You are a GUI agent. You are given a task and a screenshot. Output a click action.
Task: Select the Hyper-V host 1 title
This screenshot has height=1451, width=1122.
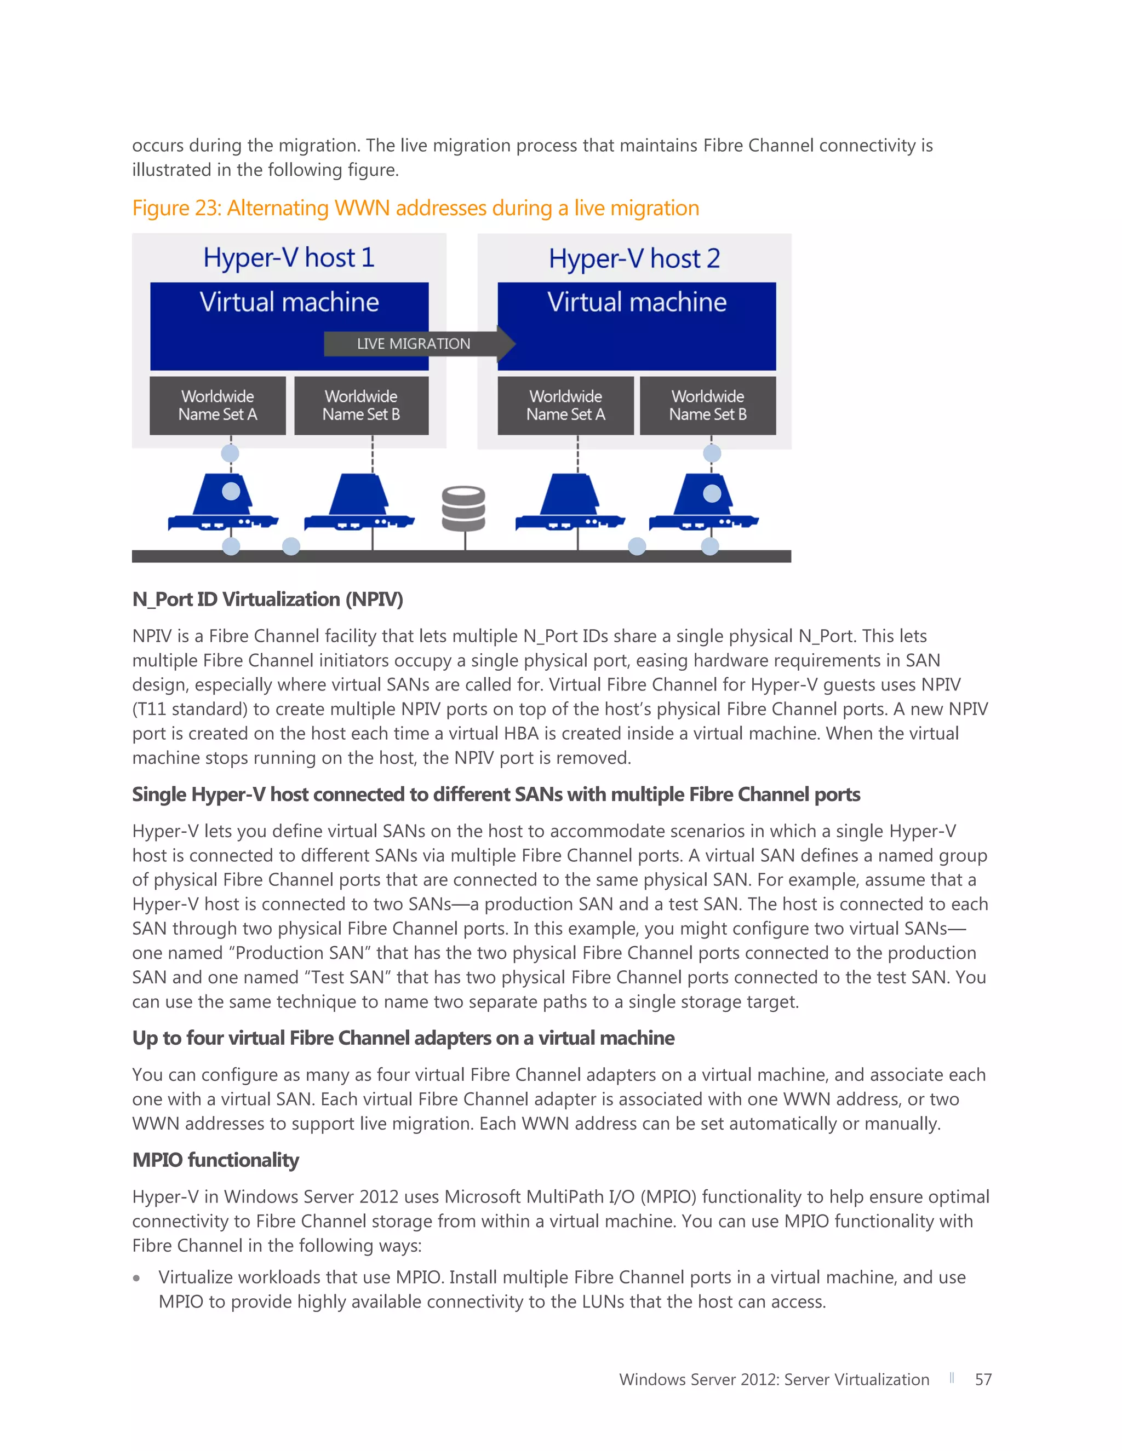click(289, 258)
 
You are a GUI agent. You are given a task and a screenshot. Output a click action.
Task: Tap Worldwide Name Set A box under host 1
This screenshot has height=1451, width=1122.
click(217, 405)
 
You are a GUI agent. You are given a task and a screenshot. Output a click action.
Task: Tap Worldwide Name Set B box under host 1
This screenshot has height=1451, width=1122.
click(361, 405)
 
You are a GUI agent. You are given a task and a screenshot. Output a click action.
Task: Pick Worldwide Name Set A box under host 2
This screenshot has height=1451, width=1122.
click(565, 405)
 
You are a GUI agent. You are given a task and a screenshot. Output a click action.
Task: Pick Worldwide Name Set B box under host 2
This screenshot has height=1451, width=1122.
click(707, 405)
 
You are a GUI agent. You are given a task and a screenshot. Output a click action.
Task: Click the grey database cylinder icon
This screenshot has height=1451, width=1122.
click(464, 508)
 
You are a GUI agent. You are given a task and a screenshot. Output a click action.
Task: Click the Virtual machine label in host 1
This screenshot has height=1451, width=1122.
click(289, 302)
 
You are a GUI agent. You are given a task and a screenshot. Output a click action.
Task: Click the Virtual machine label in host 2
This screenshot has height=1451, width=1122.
click(636, 302)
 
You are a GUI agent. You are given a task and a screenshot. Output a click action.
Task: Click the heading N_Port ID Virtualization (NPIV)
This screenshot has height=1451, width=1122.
click(267, 599)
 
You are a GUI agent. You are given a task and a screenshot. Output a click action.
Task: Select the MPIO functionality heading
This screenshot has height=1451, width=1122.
click(215, 1160)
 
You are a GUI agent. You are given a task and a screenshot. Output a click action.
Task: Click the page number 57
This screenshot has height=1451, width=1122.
click(982, 1379)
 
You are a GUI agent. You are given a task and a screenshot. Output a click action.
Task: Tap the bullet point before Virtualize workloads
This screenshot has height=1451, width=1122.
click(137, 1277)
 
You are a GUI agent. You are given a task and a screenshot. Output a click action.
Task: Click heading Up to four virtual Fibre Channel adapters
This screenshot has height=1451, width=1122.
click(403, 1038)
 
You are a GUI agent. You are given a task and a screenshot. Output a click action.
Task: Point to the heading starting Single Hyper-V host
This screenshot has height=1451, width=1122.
click(496, 794)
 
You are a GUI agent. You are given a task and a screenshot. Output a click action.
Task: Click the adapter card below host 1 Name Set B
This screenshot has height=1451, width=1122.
click(359, 505)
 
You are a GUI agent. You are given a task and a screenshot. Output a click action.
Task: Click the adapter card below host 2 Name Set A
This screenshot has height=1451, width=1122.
click(570, 505)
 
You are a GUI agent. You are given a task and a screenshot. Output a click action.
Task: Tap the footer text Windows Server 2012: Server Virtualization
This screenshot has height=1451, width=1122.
click(774, 1379)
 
